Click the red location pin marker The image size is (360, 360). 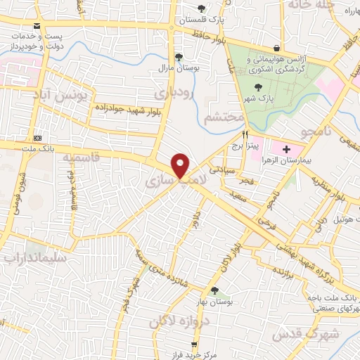point(181,165)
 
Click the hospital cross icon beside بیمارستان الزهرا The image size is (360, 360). point(286,148)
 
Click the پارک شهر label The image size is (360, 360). point(259,98)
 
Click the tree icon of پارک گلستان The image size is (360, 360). point(202,8)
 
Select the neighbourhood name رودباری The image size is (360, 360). point(173,92)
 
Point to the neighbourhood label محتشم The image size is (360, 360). point(224,118)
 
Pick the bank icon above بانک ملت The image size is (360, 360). point(38,138)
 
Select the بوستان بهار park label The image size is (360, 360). point(214,300)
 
